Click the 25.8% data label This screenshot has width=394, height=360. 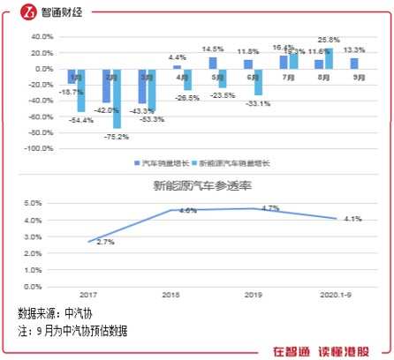tap(330, 40)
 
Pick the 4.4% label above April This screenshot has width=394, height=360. tap(177, 57)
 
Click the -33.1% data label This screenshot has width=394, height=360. tap(257, 103)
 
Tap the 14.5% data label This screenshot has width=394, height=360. tap(213, 49)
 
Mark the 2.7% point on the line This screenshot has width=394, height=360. tap(88, 241)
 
